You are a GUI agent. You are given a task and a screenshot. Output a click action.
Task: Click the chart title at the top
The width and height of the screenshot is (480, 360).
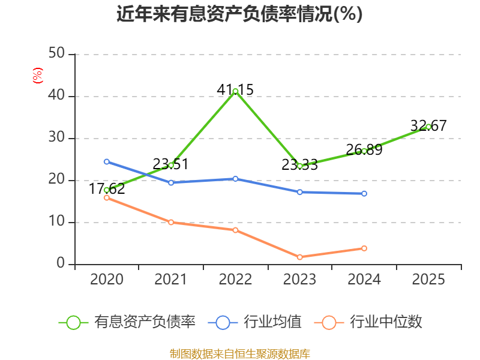(239, 14)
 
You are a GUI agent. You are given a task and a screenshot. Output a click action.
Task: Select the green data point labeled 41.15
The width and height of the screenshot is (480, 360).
(235, 91)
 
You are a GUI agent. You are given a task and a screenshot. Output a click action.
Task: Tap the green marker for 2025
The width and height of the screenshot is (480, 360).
(428, 127)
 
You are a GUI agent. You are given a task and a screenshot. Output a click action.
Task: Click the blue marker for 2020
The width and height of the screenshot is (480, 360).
(107, 161)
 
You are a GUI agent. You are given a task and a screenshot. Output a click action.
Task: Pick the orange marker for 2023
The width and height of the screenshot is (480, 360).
(300, 257)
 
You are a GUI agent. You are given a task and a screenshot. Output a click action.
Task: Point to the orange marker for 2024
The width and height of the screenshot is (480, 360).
(364, 248)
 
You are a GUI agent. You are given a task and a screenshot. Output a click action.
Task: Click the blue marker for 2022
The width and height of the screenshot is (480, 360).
(235, 179)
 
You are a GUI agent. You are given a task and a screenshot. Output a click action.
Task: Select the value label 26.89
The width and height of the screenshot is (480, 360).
(364, 149)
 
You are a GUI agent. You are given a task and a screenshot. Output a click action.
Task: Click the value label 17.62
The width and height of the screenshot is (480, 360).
(107, 188)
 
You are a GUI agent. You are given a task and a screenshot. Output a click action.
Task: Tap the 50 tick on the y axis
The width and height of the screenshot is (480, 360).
(56, 53)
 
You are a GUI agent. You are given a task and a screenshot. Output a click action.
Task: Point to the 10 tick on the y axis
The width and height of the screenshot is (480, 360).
(56, 221)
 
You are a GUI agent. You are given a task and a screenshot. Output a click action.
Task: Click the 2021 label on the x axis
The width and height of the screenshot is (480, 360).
(171, 279)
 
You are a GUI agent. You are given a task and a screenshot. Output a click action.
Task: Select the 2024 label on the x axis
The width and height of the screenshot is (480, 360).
(364, 279)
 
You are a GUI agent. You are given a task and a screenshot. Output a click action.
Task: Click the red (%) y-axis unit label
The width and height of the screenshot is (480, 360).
(38, 76)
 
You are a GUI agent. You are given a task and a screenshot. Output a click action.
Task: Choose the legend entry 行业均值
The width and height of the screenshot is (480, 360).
(254, 322)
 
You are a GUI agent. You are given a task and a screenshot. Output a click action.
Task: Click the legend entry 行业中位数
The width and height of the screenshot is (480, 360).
(368, 322)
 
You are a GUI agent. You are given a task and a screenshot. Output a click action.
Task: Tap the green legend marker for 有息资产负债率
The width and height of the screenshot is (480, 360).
(73, 323)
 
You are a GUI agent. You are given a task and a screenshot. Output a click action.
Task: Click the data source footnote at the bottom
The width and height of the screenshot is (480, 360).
(240, 354)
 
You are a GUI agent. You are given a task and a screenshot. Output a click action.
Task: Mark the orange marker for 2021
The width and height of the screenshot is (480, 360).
(171, 222)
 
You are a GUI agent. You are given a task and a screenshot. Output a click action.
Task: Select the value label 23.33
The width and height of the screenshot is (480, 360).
(300, 165)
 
